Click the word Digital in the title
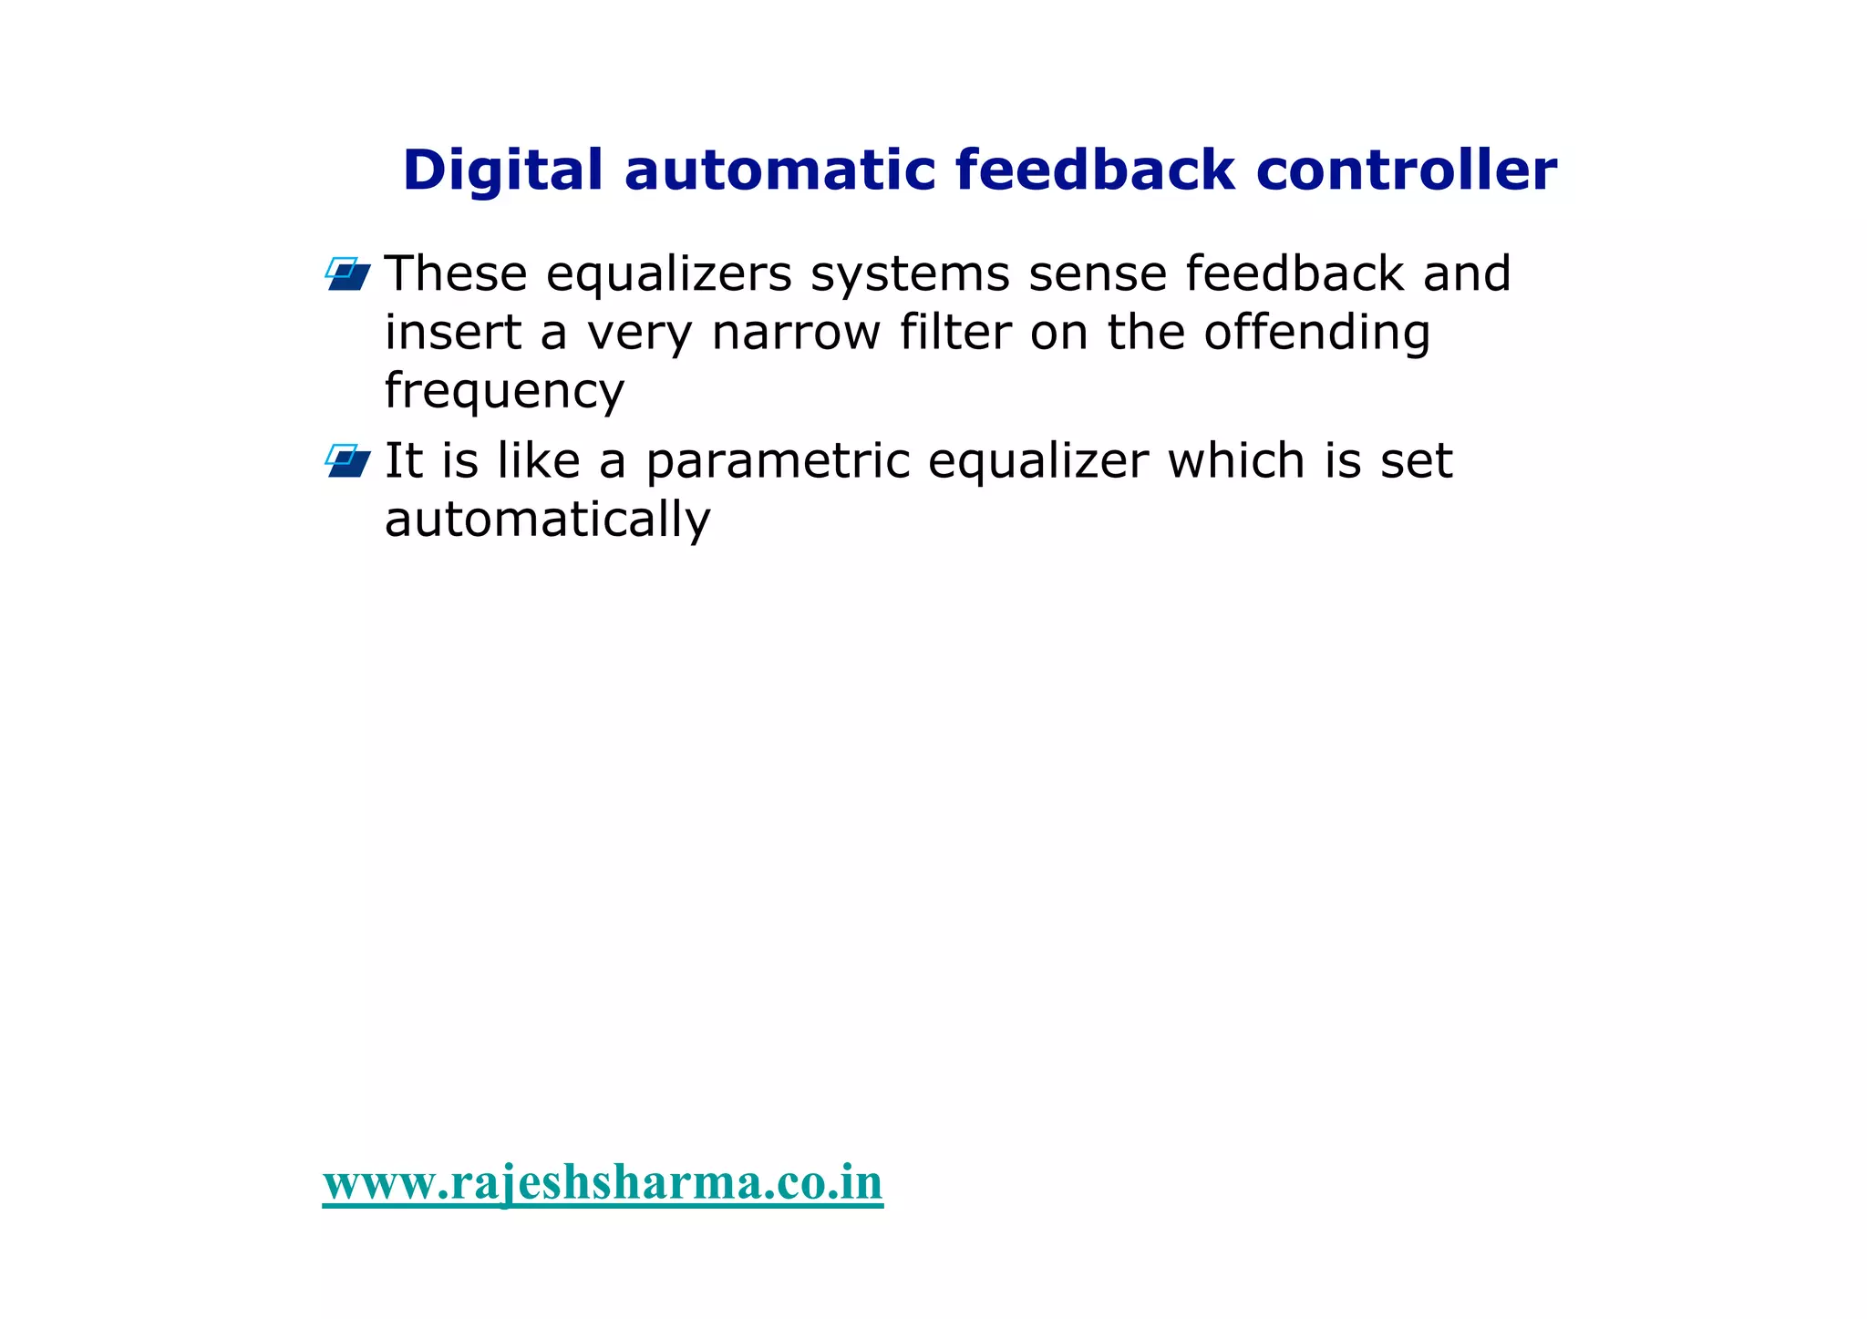[502, 171]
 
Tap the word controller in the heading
[1406, 170]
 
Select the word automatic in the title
[779, 170]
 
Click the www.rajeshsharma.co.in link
[603, 1183]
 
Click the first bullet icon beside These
[348, 274]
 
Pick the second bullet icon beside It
[348, 461]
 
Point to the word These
[456, 273]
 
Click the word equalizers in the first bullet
[669, 275]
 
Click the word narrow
[796, 333]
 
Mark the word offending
[1316, 334]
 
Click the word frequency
[504, 392]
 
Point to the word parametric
[778, 462]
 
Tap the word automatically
[547, 520]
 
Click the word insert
[452, 333]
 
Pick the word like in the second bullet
[538, 460]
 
